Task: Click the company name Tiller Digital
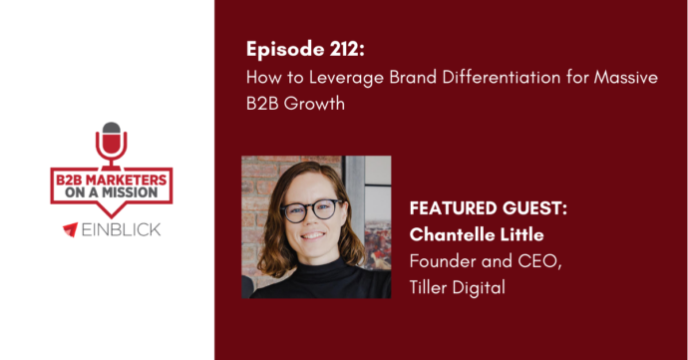coord(456,287)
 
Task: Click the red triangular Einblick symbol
coord(70,230)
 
